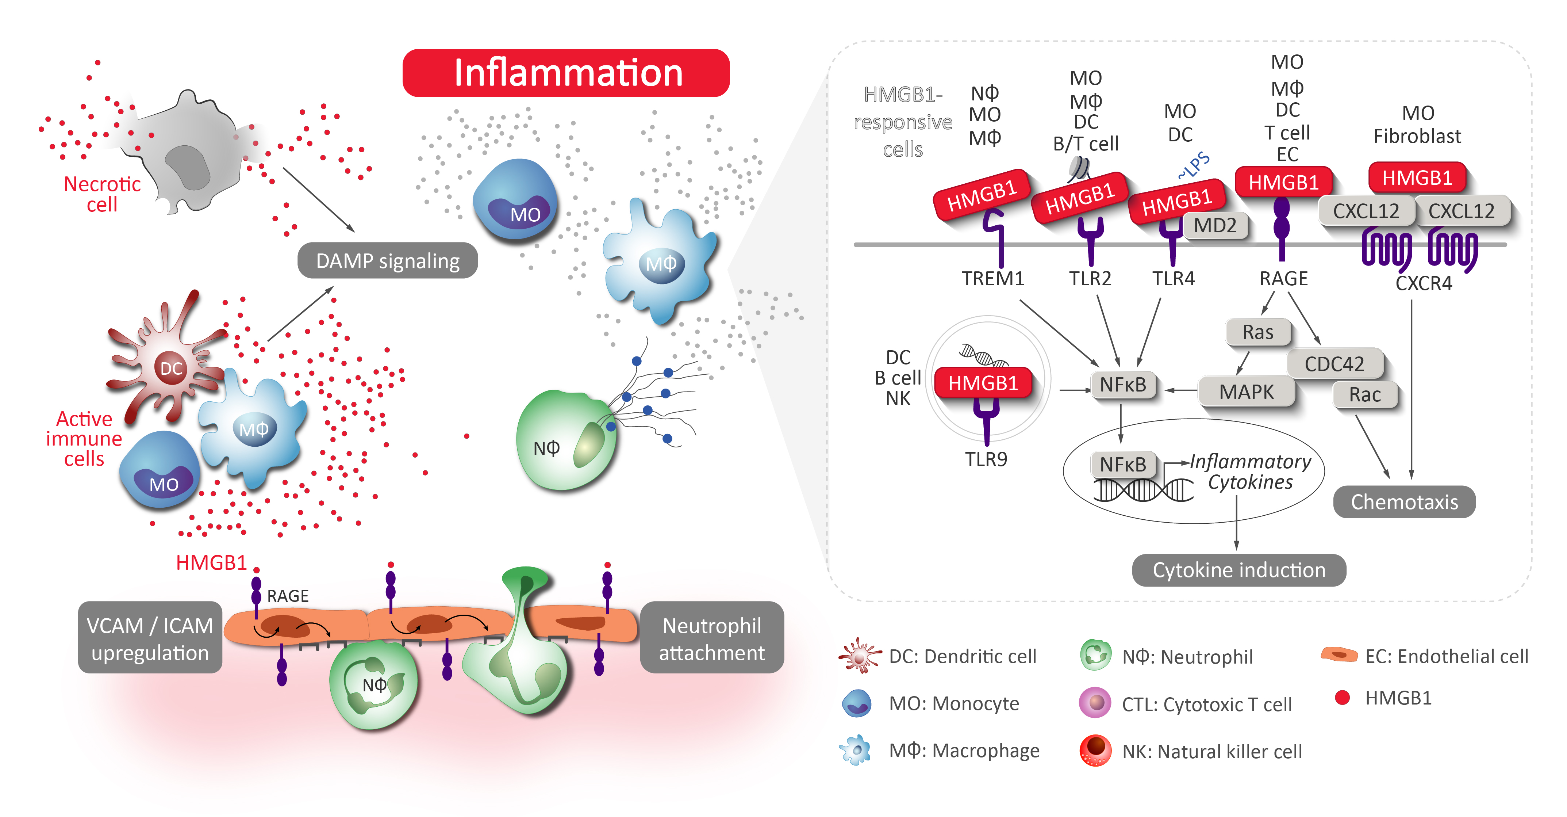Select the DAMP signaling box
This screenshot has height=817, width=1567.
[x=388, y=260]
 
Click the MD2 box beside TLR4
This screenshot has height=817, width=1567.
[x=1215, y=226]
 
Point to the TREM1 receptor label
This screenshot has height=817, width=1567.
[x=993, y=278]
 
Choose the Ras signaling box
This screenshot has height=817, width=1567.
[x=1257, y=332]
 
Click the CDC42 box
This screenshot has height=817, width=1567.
[x=1334, y=364]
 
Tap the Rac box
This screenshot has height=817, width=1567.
[x=1364, y=394]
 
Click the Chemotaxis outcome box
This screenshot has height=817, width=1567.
[x=1404, y=502]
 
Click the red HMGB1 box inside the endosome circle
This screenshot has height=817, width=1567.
[x=982, y=383]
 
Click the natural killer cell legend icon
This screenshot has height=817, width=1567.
[x=1095, y=751]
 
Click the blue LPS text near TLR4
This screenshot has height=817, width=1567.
[x=1194, y=165]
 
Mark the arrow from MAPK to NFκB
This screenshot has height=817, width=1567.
[x=1180, y=390]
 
